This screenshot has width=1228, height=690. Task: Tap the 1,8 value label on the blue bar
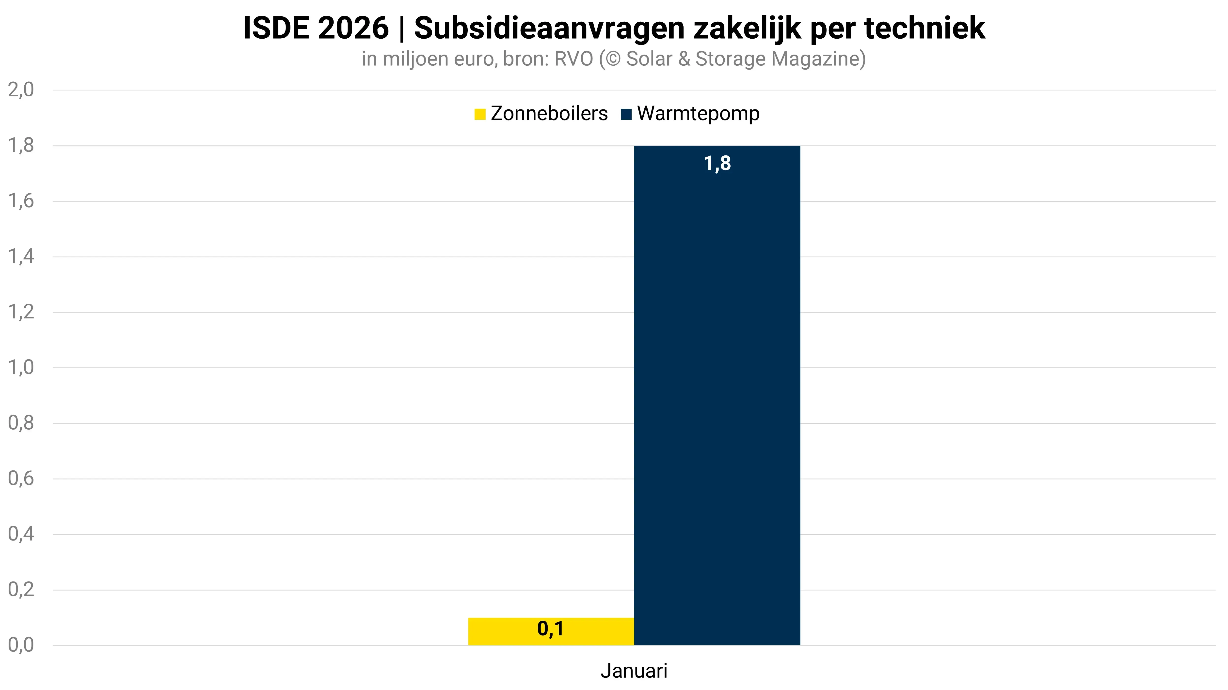point(717,163)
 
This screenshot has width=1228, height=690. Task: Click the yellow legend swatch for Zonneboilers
point(479,114)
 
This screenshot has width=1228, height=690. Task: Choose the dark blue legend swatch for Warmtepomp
point(626,114)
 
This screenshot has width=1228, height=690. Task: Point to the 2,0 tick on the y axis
point(21,90)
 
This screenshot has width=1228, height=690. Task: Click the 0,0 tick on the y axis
point(21,645)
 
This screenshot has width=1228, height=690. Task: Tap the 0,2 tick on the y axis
point(21,589)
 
